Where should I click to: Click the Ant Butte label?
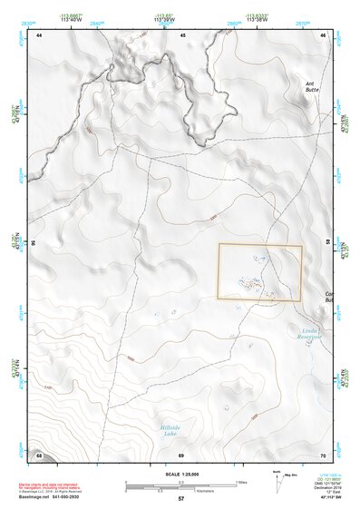(x=314, y=87)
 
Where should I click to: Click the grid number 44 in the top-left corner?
(x=39, y=34)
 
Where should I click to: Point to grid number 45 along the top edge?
(x=182, y=34)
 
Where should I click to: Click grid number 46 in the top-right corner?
(x=325, y=34)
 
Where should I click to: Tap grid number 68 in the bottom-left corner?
(x=39, y=454)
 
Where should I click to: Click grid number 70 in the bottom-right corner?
(x=324, y=454)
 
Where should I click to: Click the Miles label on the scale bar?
(x=240, y=481)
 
